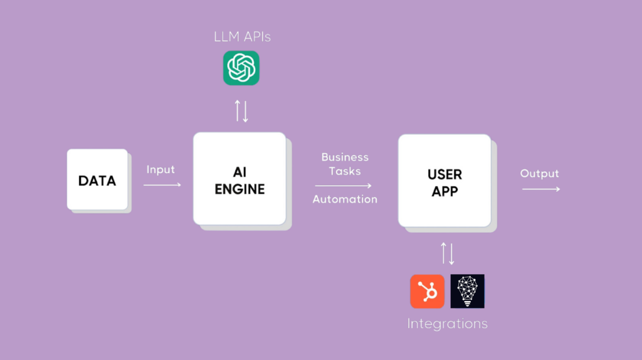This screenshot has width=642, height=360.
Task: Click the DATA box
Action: click(x=97, y=180)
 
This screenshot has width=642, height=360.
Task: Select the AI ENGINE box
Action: click(x=239, y=179)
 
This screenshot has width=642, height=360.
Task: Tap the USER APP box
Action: click(x=445, y=181)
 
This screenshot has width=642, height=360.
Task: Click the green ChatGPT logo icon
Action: click(x=241, y=68)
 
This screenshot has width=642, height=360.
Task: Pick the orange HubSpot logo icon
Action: click(x=428, y=291)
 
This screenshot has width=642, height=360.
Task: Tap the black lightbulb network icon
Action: click(x=468, y=291)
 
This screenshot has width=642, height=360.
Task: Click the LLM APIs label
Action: click(x=242, y=37)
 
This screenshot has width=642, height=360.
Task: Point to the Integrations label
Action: click(x=447, y=324)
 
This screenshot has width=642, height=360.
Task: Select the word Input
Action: click(x=160, y=169)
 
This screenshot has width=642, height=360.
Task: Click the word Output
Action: click(x=539, y=173)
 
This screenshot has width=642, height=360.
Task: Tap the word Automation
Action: click(x=345, y=199)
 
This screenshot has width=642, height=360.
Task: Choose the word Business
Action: click(x=345, y=157)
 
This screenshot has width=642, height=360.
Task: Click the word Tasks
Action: click(x=345, y=171)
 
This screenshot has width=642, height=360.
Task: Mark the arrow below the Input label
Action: click(x=162, y=185)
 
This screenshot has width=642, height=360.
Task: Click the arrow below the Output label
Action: click(x=541, y=189)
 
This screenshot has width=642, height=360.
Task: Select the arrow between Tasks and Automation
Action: click(x=343, y=186)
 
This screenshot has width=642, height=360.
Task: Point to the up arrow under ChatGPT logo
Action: click(x=238, y=110)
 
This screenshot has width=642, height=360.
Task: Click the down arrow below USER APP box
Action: click(x=451, y=253)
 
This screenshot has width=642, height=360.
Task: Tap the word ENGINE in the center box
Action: click(x=239, y=189)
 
